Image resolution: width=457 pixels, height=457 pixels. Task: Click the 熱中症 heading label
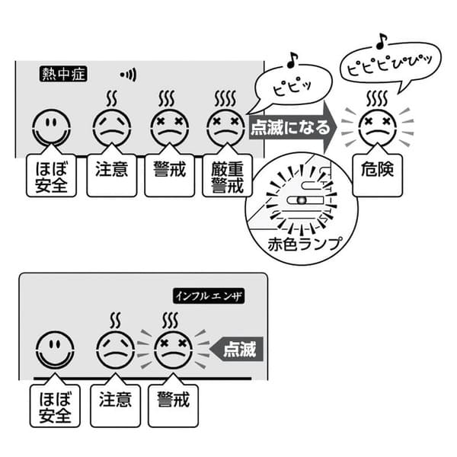(65, 75)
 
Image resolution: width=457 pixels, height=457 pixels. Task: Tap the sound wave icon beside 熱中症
(128, 75)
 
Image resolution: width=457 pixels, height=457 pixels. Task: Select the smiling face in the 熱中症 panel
(51, 128)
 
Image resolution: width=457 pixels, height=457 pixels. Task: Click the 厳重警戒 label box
(227, 175)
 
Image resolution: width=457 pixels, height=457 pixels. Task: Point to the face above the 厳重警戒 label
(225, 126)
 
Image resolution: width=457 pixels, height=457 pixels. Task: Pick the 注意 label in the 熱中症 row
(111, 170)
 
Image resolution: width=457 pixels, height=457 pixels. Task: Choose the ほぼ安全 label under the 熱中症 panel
(51, 175)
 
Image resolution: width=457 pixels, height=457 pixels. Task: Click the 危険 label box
(379, 170)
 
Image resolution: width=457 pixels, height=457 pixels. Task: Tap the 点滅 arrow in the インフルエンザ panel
(237, 350)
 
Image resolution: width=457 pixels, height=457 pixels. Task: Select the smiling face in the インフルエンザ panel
(55, 350)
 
